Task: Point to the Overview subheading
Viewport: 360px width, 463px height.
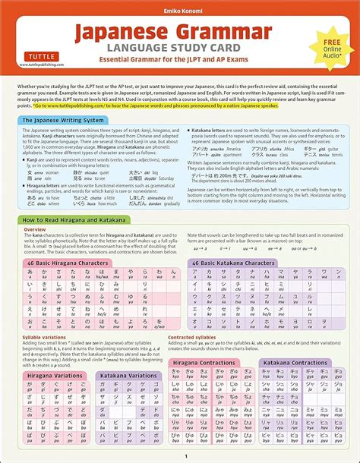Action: pos(35,228)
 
